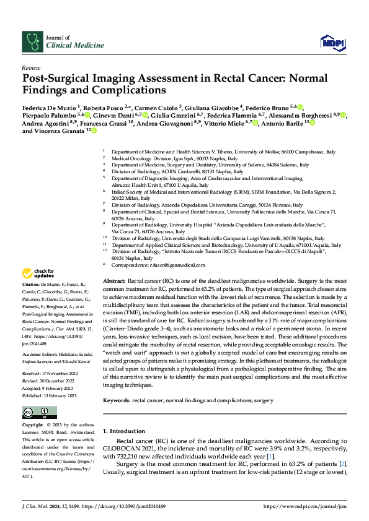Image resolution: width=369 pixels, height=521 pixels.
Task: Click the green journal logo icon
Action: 31,41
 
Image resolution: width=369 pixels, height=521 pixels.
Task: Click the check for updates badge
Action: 38,273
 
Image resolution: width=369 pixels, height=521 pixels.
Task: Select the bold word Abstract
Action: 115,280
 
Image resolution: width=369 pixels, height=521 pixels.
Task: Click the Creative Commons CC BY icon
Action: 37,413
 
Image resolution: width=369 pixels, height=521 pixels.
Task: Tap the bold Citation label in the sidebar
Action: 32,290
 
